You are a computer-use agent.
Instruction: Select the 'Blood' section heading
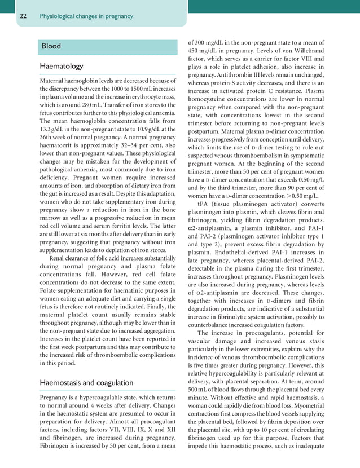[x=54, y=45]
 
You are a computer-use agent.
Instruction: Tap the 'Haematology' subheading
[x=62, y=67]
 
